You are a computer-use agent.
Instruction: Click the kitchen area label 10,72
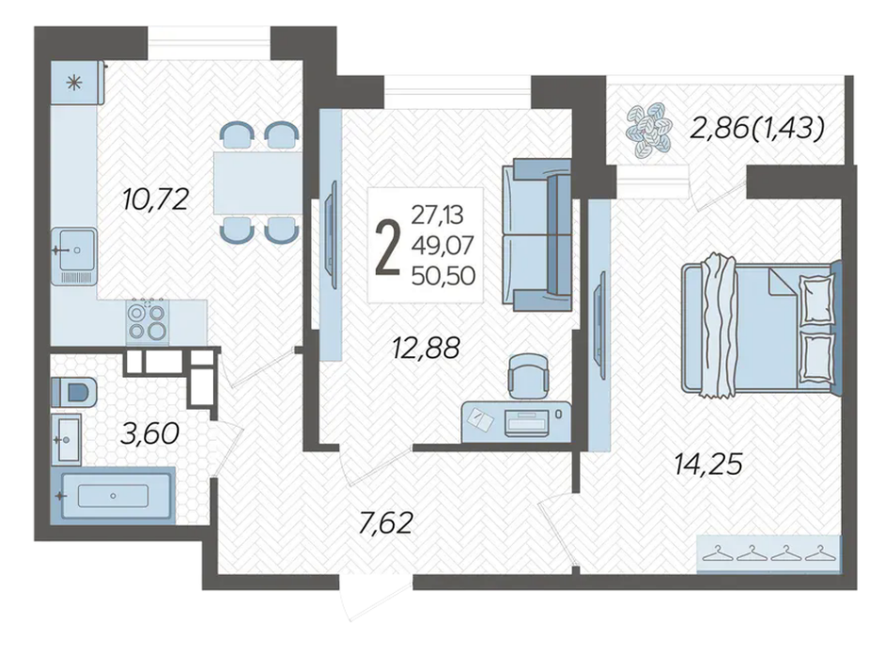(155, 200)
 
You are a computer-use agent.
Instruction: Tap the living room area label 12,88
(427, 348)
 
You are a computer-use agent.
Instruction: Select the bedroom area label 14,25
(708, 465)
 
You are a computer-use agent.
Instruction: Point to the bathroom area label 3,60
(149, 434)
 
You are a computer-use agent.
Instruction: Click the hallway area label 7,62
(386, 523)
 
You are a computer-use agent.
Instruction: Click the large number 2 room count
(388, 246)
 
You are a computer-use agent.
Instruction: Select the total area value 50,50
(443, 275)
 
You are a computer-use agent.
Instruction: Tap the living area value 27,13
(437, 214)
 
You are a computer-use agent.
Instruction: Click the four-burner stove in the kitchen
(148, 320)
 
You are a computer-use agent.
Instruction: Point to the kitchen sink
(74, 256)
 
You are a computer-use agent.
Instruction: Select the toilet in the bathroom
(74, 392)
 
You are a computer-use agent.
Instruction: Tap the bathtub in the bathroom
(113, 495)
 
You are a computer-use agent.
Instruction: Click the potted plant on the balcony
(649, 129)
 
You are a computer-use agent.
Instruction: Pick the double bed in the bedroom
(761, 325)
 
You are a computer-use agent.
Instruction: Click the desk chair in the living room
(528, 376)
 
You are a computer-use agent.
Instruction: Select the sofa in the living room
(536, 235)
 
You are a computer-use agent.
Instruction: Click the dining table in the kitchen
(256, 182)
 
